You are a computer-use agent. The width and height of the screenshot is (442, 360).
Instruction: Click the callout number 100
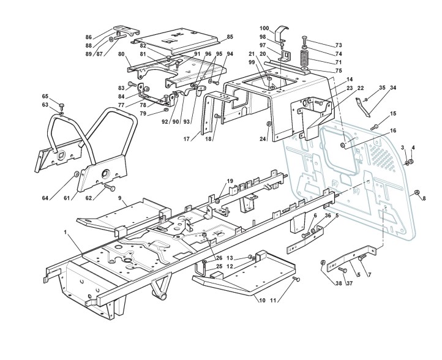[x=264, y=29]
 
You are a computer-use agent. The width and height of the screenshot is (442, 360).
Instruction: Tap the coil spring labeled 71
[x=305, y=61]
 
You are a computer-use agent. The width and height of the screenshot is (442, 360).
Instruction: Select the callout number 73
[x=339, y=45]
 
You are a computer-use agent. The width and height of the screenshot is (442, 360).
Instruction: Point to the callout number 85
[x=230, y=37]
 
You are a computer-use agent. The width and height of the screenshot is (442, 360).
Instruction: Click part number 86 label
[x=89, y=37]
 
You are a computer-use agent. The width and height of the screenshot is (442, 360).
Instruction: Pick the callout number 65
[x=45, y=96]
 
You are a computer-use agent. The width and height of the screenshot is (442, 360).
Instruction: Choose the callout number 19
[x=230, y=181]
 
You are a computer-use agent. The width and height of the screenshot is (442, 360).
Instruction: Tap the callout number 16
[x=393, y=130]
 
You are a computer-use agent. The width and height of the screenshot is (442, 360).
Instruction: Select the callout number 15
[x=393, y=114]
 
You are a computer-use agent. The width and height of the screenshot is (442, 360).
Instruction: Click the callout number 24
[x=263, y=140]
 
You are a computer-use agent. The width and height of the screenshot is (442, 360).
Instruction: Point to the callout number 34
[x=393, y=88]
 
